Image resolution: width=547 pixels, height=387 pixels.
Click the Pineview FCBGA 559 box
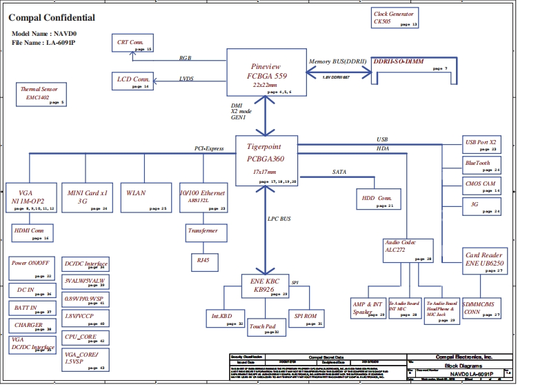[x=266, y=72]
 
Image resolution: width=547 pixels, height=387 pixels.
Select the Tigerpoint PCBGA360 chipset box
[x=266, y=161]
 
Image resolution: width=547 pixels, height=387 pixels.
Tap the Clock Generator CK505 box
[x=395, y=19]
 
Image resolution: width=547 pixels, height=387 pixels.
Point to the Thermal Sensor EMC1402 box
[x=41, y=95]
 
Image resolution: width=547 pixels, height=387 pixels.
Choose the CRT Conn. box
[x=133, y=43]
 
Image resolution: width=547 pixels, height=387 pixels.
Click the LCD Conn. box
[x=133, y=81]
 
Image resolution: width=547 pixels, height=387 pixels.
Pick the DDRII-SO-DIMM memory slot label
[x=399, y=61]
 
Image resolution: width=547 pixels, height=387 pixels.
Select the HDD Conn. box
[x=377, y=199]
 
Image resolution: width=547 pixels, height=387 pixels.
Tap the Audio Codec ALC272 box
[x=408, y=250]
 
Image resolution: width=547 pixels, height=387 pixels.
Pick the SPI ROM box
[x=306, y=317]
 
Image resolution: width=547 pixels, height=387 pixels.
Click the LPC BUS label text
[x=279, y=219]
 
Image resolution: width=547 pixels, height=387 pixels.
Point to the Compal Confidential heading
[x=52, y=18]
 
